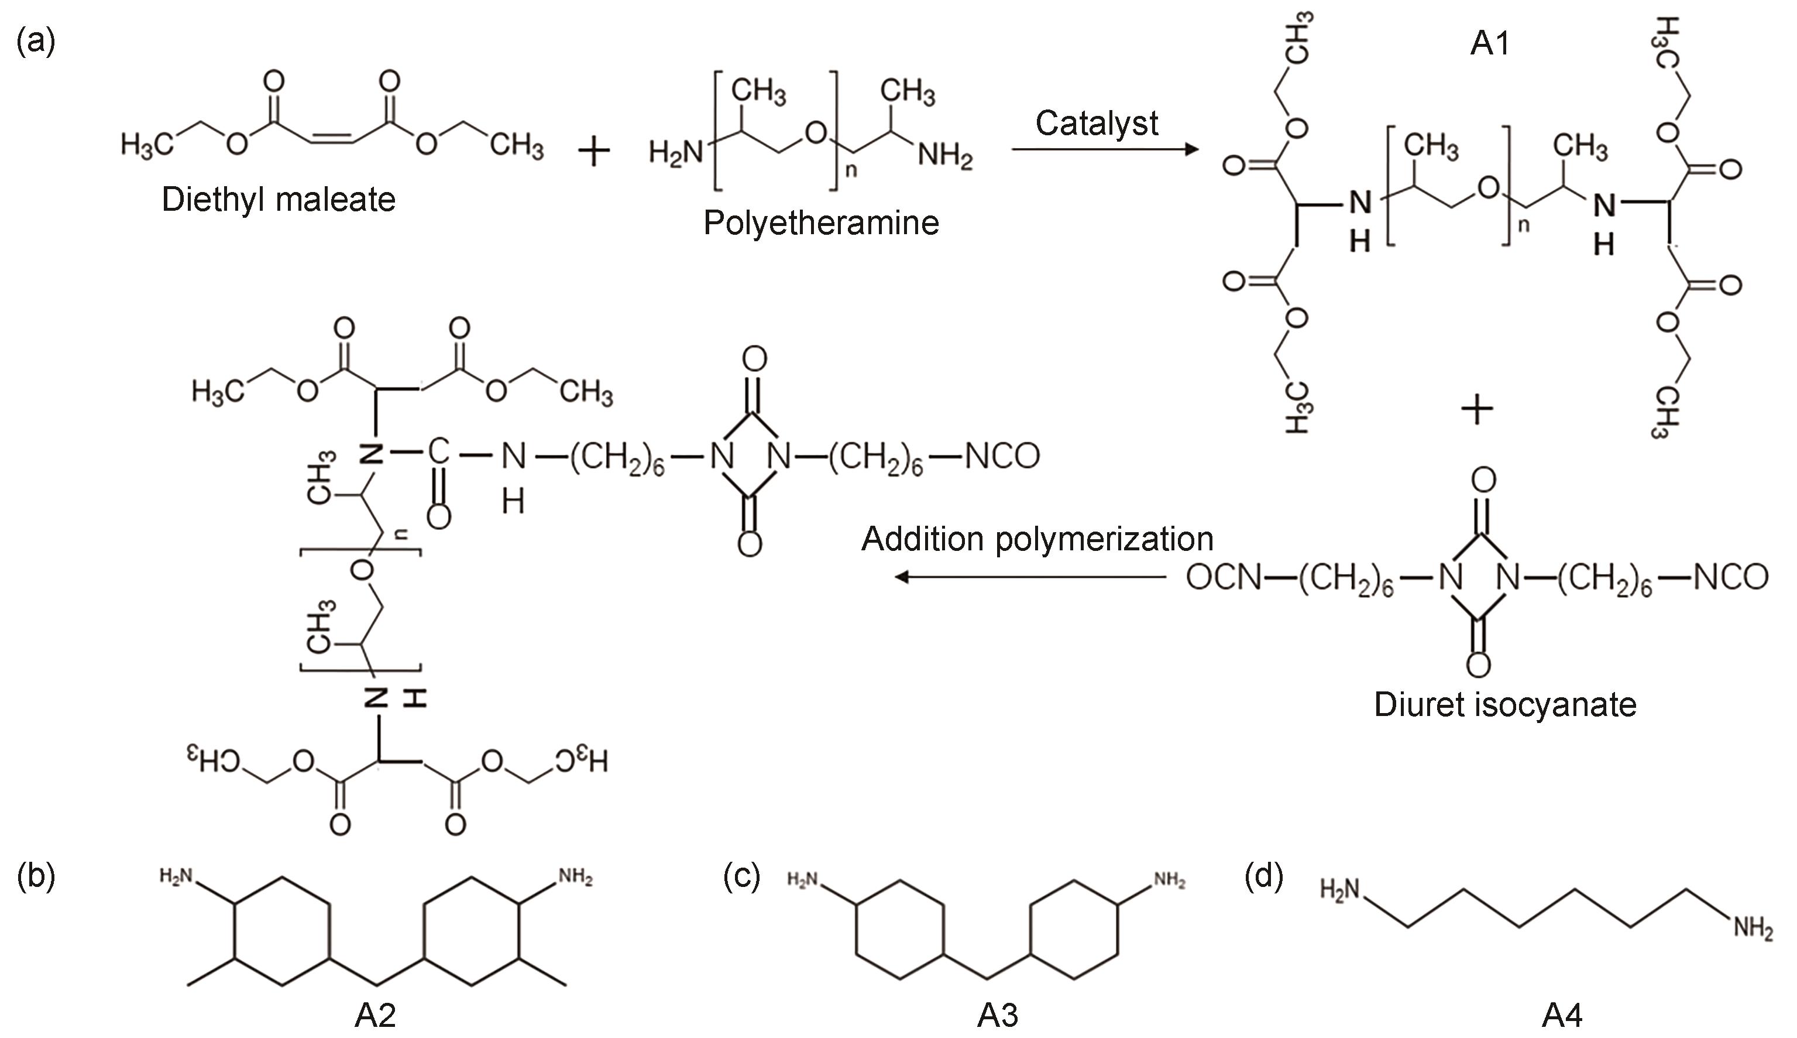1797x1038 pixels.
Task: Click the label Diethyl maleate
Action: coord(278,200)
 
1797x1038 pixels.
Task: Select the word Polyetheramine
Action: coord(821,223)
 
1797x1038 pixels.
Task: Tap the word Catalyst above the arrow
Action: coord(1096,124)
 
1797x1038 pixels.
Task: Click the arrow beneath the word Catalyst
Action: coord(1104,150)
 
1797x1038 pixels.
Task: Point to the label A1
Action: coord(1489,44)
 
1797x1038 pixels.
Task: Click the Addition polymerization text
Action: coord(1037,540)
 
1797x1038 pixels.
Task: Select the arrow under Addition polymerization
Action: coord(1030,577)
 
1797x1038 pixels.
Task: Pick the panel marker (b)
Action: coord(36,877)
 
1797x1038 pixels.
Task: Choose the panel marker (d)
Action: coord(1264,877)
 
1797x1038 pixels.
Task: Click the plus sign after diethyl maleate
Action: coord(593,152)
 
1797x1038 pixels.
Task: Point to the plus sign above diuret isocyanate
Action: coord(1477,410)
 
